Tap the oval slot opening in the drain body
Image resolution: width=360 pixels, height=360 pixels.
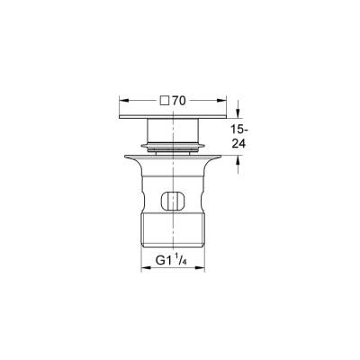click(175, 201)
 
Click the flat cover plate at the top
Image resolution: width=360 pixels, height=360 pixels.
click(175, 120)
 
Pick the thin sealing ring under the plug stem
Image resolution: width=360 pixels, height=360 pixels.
click(175, 146)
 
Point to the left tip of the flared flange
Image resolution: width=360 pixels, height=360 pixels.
click(134, 157)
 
